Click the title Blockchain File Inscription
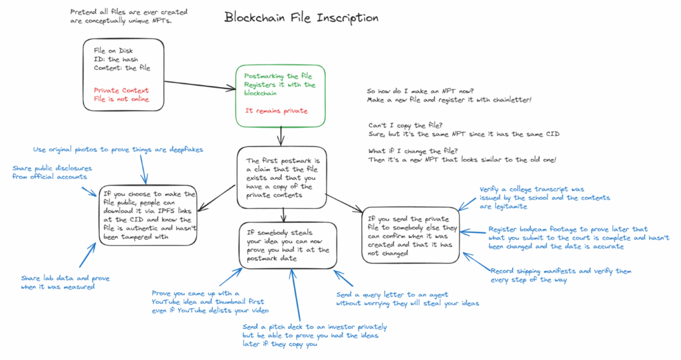point(301,18)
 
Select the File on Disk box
point(124,73)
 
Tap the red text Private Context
point(121,90)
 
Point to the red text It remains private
point(276,111)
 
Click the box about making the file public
point(148,216)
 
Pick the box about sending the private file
point(410,235)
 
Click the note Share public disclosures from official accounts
point(52,172)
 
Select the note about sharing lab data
point(65,282)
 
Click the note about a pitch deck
point(315,335)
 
